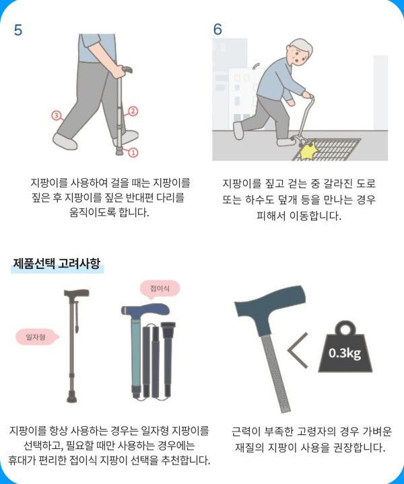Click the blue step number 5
tap(18, 30)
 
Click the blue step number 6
tap(217, 30)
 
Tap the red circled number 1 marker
tap(133, 152)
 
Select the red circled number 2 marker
tap(133, 111)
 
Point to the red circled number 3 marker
tap(56, 116)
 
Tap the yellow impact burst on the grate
tap(307, 151)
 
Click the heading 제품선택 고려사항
tap(57, 264)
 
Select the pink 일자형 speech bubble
tap(36, 337)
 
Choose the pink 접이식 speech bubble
tap(160, 289)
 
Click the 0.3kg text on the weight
tap(345, 353)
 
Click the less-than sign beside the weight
tap(298, 350)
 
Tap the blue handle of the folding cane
tap(145, 309)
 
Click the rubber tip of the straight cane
tap(72, 397)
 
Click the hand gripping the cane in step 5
tap(118, 71)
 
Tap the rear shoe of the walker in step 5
tap(65, 142)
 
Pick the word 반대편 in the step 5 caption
tap(139, 197)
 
